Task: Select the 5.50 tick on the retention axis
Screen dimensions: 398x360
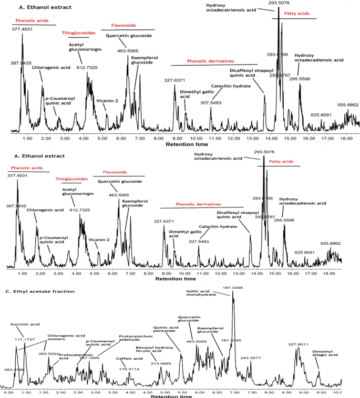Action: (182, 392)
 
